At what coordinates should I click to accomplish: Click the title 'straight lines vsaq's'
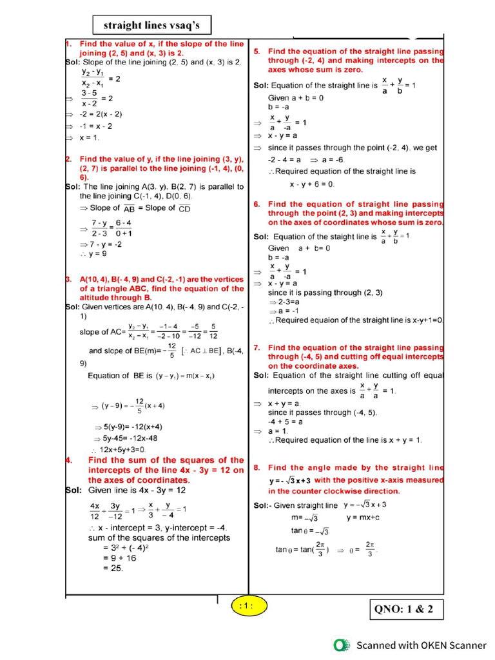coord(152,25)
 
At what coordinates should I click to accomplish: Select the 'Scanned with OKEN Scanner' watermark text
coord(422,645)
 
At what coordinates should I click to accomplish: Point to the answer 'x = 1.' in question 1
coord(90,137)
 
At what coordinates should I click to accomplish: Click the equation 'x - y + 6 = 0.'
coord(312,184)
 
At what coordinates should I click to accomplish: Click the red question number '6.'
coord(257,204)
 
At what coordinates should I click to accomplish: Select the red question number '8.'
coord(257,467)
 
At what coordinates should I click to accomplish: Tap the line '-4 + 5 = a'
coord(286,422)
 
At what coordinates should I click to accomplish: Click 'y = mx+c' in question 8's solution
coord(363,518)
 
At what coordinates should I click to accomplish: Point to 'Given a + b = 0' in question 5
coord(296,98)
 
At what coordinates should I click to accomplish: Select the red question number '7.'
coord(257,347)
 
